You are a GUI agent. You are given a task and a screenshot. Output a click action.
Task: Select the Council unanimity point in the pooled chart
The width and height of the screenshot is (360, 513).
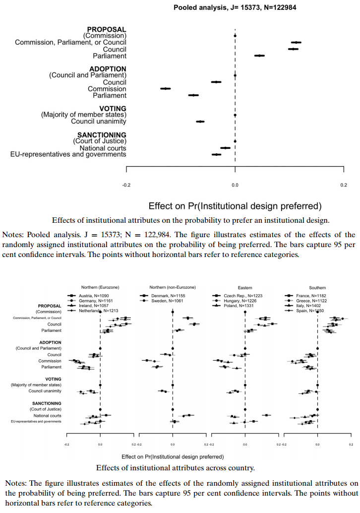[x=200, y=122]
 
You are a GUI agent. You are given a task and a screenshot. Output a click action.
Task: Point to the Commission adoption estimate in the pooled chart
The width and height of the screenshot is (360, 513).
[x=166, y=89]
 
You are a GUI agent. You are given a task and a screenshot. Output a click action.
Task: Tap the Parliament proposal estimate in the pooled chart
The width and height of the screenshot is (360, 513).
[x=259, y=56]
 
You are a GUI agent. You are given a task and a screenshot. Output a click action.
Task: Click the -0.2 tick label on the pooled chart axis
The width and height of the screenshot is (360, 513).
[x=126, y=185]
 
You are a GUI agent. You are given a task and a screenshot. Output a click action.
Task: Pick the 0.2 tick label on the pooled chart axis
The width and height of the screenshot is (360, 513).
[x=344, y=185]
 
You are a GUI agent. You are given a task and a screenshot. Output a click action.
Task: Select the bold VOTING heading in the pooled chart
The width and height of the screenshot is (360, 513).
[x=113, y=109]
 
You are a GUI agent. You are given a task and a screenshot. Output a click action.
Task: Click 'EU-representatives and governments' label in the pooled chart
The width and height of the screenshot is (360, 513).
[x=68, y=154]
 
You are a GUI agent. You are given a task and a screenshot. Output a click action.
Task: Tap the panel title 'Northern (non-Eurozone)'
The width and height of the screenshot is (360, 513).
[x=173, y=287]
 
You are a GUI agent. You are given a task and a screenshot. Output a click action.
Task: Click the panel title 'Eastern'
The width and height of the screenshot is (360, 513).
[x=245, y=287]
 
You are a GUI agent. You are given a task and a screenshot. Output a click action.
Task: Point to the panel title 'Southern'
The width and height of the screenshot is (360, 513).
[x=317, y=287]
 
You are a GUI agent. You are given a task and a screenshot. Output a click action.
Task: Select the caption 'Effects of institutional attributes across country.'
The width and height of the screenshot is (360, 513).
[x=176, y=467]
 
